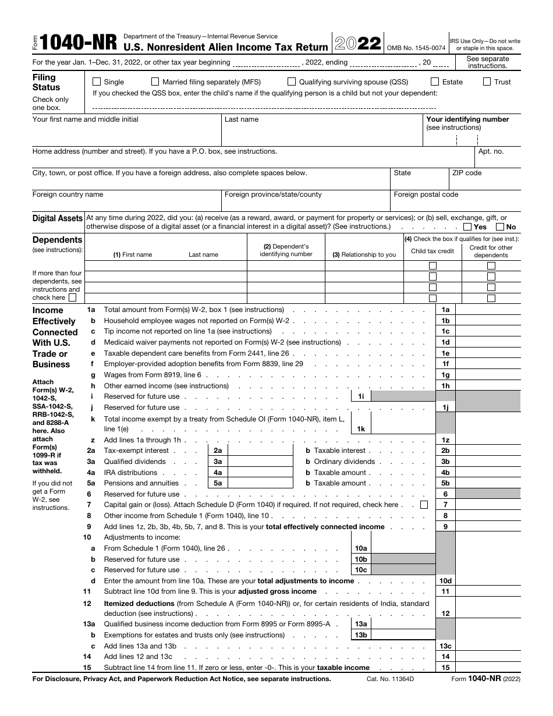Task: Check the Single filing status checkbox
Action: [97, 82]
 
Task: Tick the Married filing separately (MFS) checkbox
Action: [155, 82]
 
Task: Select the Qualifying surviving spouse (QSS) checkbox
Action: [292, 82]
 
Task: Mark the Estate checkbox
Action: [435, 82]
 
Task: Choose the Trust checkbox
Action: [487, 82]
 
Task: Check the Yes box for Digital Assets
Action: [467, 227]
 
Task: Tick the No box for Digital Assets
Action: [500, 227]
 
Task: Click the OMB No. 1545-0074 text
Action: [417, 48]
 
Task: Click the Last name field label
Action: [242, 119]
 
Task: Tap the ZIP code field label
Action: [467, 173]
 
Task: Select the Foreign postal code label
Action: [426, 194]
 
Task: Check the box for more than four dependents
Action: [72, 297]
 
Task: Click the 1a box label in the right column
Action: [445, 310]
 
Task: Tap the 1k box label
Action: [361, 429]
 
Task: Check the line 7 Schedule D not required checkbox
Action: [424, 505]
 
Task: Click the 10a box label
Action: [361, 548]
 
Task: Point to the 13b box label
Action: [361, 635]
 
